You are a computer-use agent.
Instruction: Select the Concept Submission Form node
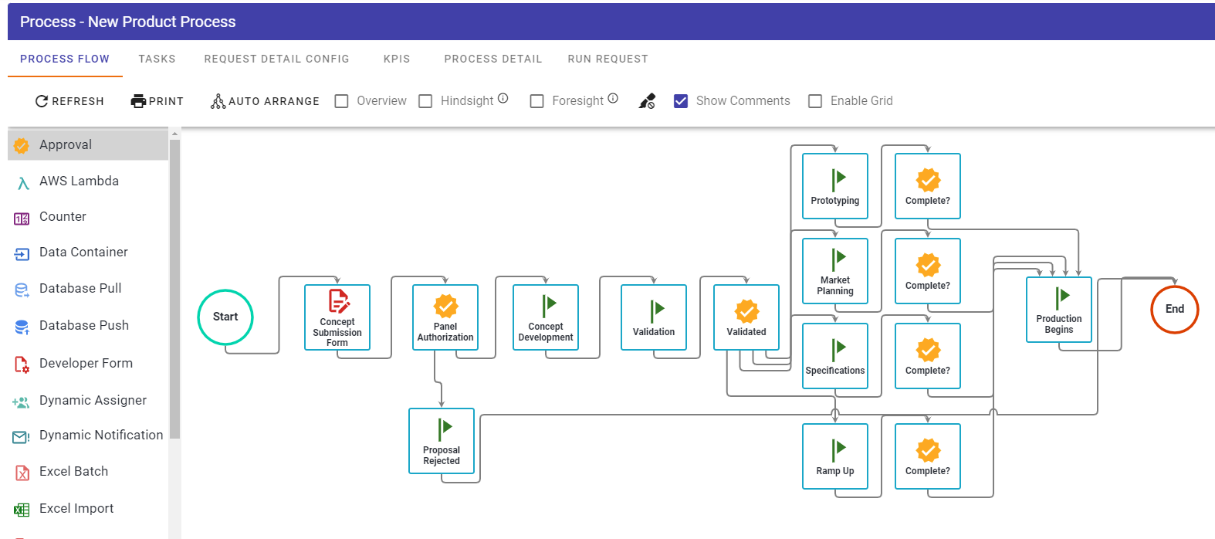337,317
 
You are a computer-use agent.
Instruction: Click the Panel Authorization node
445,317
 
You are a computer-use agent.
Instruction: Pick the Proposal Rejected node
441,441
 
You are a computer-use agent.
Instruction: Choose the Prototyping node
834,186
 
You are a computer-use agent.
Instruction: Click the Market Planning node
834,271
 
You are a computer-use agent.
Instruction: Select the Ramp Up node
834,456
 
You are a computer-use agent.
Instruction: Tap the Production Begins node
1059,310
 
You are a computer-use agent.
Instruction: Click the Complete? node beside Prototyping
928,186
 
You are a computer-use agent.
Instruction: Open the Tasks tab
157,59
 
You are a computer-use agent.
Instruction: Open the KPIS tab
397,59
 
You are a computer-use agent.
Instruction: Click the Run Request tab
607,59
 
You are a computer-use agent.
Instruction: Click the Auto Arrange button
265,101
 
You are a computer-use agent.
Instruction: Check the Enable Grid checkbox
814,101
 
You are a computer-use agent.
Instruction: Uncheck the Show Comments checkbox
681,101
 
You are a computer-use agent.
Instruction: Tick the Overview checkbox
341,101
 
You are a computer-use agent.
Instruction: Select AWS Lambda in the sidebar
79,181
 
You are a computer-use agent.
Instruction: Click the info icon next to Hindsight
503,98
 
